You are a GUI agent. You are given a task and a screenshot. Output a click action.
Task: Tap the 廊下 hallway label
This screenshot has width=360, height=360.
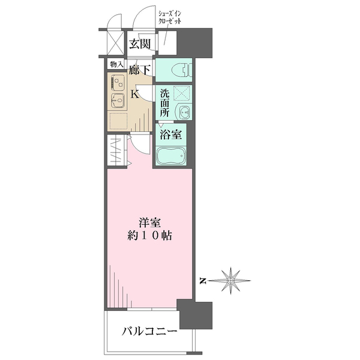[x=140, y=70]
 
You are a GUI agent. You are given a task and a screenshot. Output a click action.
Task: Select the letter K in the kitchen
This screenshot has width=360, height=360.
[x=135, y=94]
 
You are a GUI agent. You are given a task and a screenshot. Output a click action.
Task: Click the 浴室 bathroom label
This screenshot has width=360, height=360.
[x=170, y=135]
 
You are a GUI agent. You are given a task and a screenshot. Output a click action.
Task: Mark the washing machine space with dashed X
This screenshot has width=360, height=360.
[x=182, y=94]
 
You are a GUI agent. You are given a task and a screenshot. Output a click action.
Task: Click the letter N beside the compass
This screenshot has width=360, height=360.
[x=203, y=280]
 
